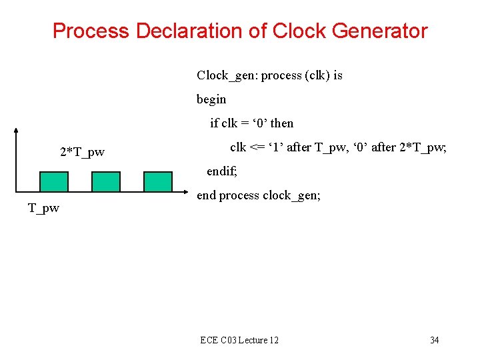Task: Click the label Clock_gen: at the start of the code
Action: (227, 75)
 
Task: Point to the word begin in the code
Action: (211, 99)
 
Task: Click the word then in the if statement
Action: (282, 123)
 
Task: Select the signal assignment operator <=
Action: (257, 147)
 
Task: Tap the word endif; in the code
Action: (222, 171)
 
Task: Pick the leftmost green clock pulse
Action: (54, 181)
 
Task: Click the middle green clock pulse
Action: (106, 181)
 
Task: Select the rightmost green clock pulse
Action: (158, 181)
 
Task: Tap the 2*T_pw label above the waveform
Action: (82, 153)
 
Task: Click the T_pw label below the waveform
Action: (43, 209)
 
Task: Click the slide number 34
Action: (434, 341)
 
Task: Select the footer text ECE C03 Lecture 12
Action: (239, 341)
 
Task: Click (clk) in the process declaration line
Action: (317, 75)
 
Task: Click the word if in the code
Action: (214, 123)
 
